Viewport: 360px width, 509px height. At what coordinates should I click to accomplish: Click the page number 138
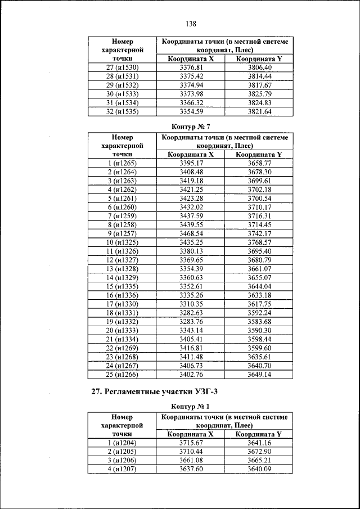click(x=190, y=24)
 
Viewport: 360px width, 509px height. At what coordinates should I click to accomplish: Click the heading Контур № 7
click(x=190, y=127)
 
